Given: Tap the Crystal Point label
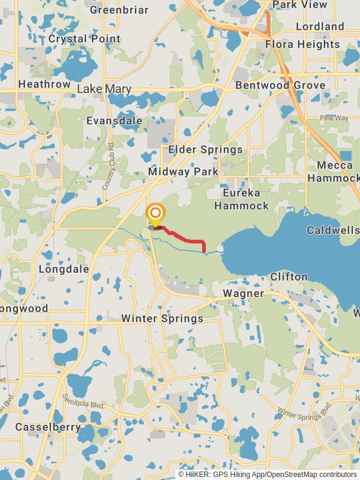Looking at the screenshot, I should point(85,39).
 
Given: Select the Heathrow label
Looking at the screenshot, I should point(44,85).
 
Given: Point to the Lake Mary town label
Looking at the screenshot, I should point(104,89).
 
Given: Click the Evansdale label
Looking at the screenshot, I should point(114,121).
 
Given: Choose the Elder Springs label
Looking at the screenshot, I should point(206,149).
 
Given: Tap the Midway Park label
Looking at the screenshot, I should point(184,172).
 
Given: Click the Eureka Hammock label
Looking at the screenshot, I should point(242,199).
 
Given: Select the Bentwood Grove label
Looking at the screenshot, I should point(280,85).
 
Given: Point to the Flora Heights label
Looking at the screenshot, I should point(302,44).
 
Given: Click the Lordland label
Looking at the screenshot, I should point(320,26).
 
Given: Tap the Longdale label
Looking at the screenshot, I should point(64,269).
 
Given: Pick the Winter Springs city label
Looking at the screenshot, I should point(162,318).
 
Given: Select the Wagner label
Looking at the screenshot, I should point(243,293).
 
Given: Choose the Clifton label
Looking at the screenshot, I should point(289,277).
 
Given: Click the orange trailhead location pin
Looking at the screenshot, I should point(155,214).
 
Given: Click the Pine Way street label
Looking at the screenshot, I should point(334,118).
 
